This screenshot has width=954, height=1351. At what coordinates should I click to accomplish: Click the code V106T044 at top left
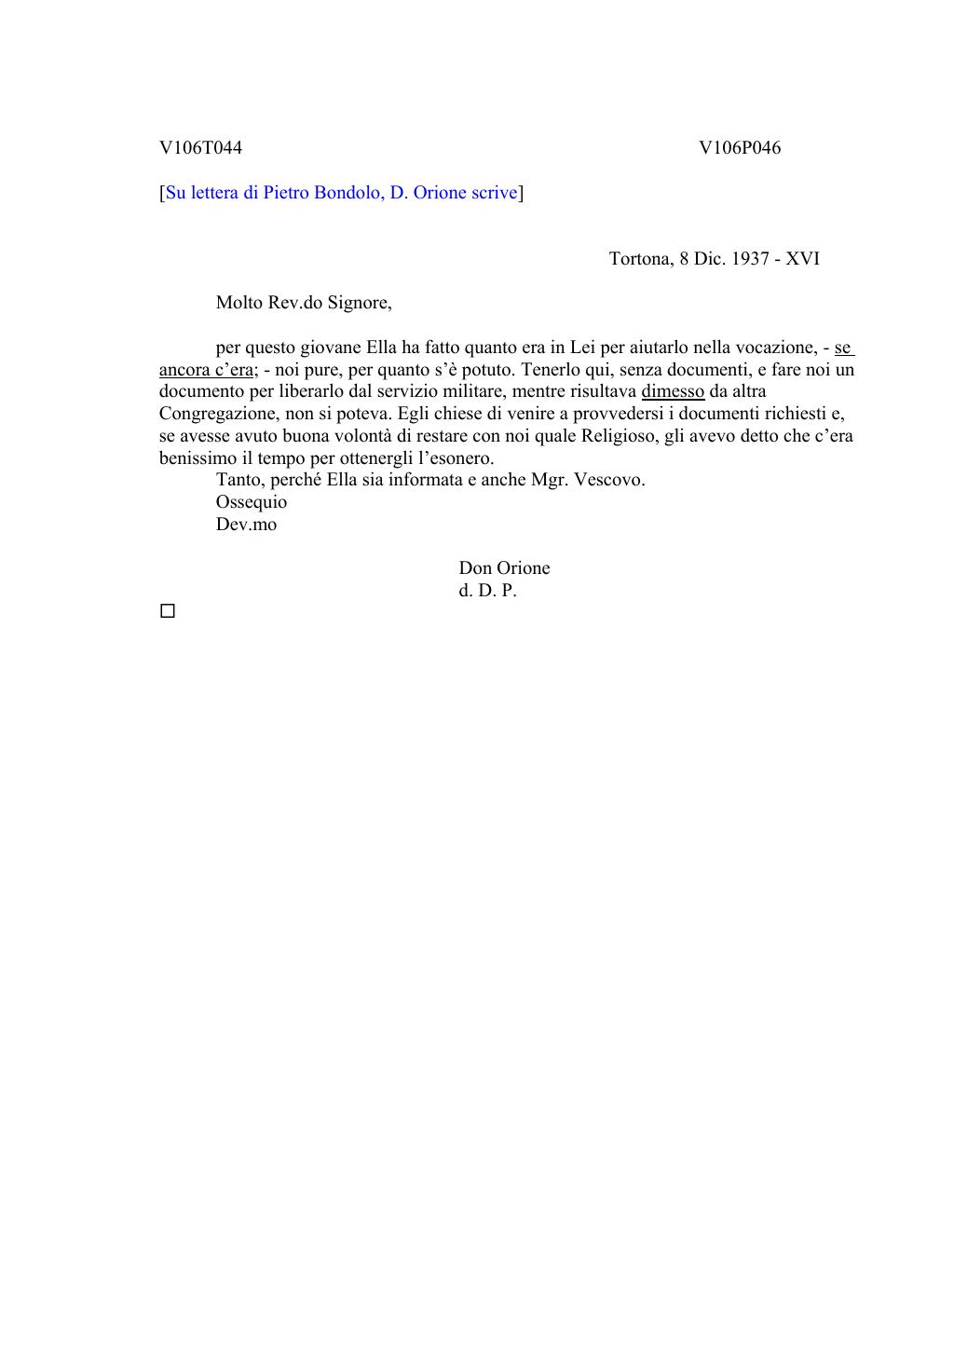pos(200,148)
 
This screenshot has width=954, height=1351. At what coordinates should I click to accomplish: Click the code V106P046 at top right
pos(740,148)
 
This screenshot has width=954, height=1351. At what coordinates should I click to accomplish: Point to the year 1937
pos(750,259)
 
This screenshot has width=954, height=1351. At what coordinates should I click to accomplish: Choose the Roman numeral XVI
pos(802,259)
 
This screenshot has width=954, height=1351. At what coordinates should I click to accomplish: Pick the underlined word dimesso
pos(673,391)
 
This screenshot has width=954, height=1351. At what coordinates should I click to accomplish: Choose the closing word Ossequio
pos(252,502)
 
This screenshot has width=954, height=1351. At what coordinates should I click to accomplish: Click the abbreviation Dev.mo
pos(246,525)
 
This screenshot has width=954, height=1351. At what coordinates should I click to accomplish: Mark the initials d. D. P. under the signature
pos(487,591)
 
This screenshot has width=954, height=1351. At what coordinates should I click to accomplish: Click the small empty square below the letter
pos(168,611)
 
